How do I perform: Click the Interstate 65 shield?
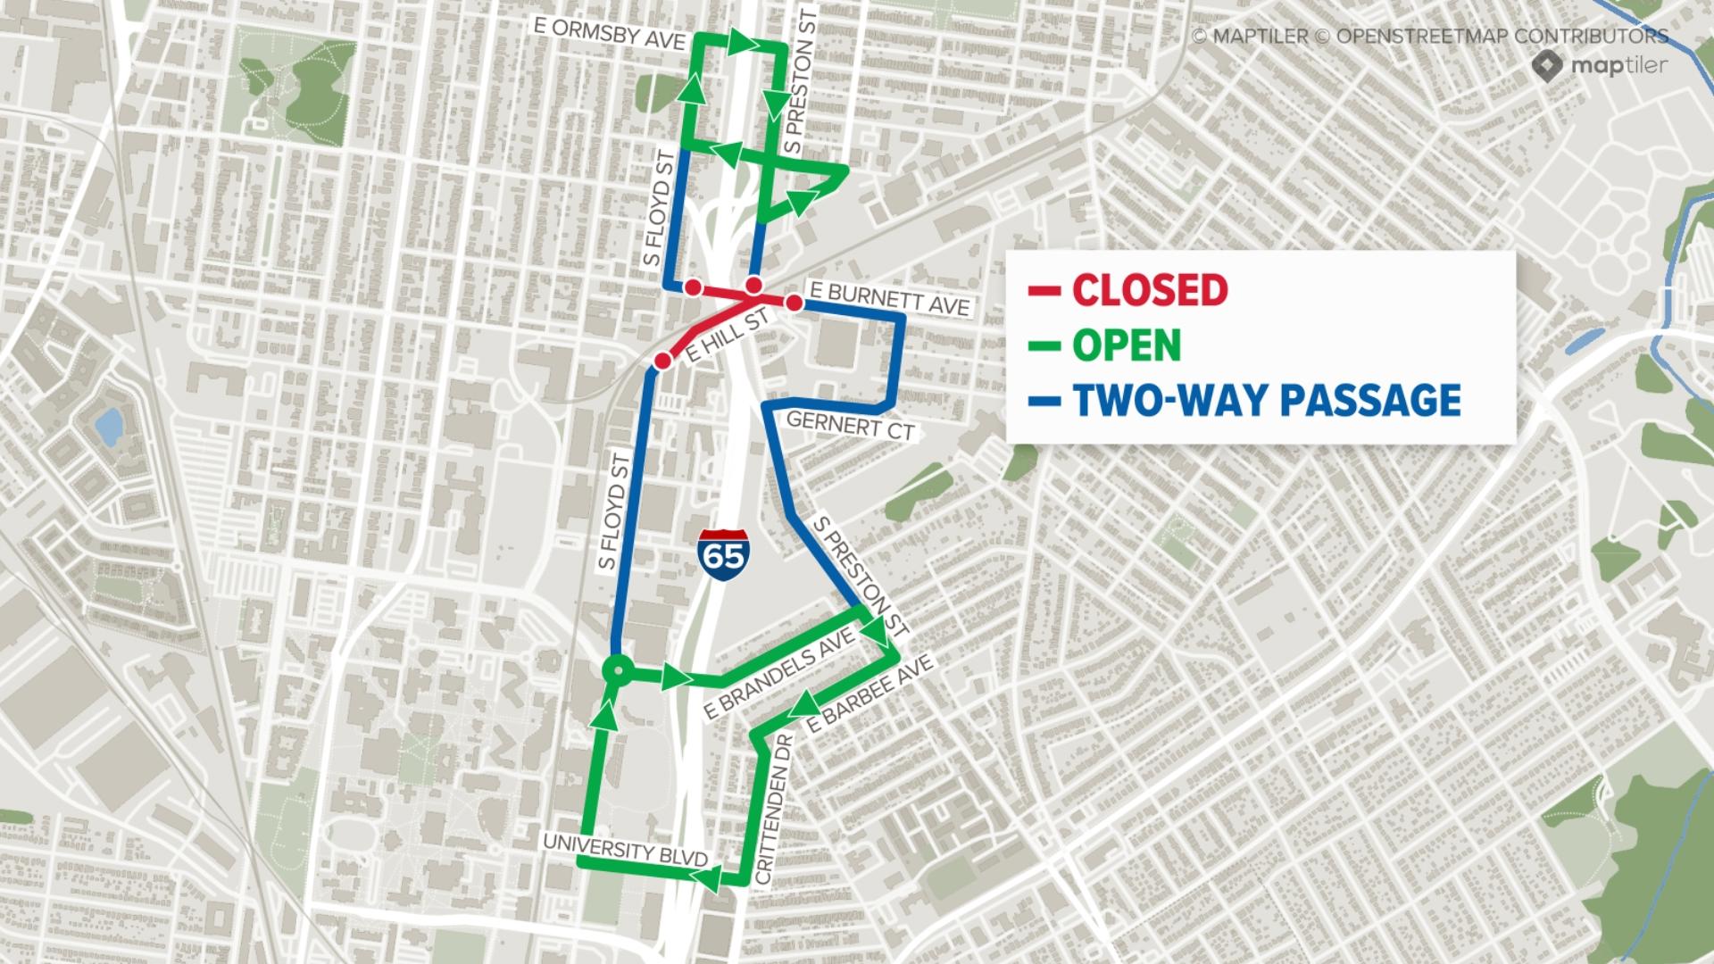click(723, 555)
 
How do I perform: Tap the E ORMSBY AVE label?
click(610, 27)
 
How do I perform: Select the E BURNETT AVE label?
click(888, 298)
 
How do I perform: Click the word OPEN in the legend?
click(1127, 345)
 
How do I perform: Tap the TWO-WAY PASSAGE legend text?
click(1267, 401)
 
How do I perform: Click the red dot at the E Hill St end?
click(662, 361)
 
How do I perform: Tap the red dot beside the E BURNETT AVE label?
click(794, 303)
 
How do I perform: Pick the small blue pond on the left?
click(109, 427)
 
